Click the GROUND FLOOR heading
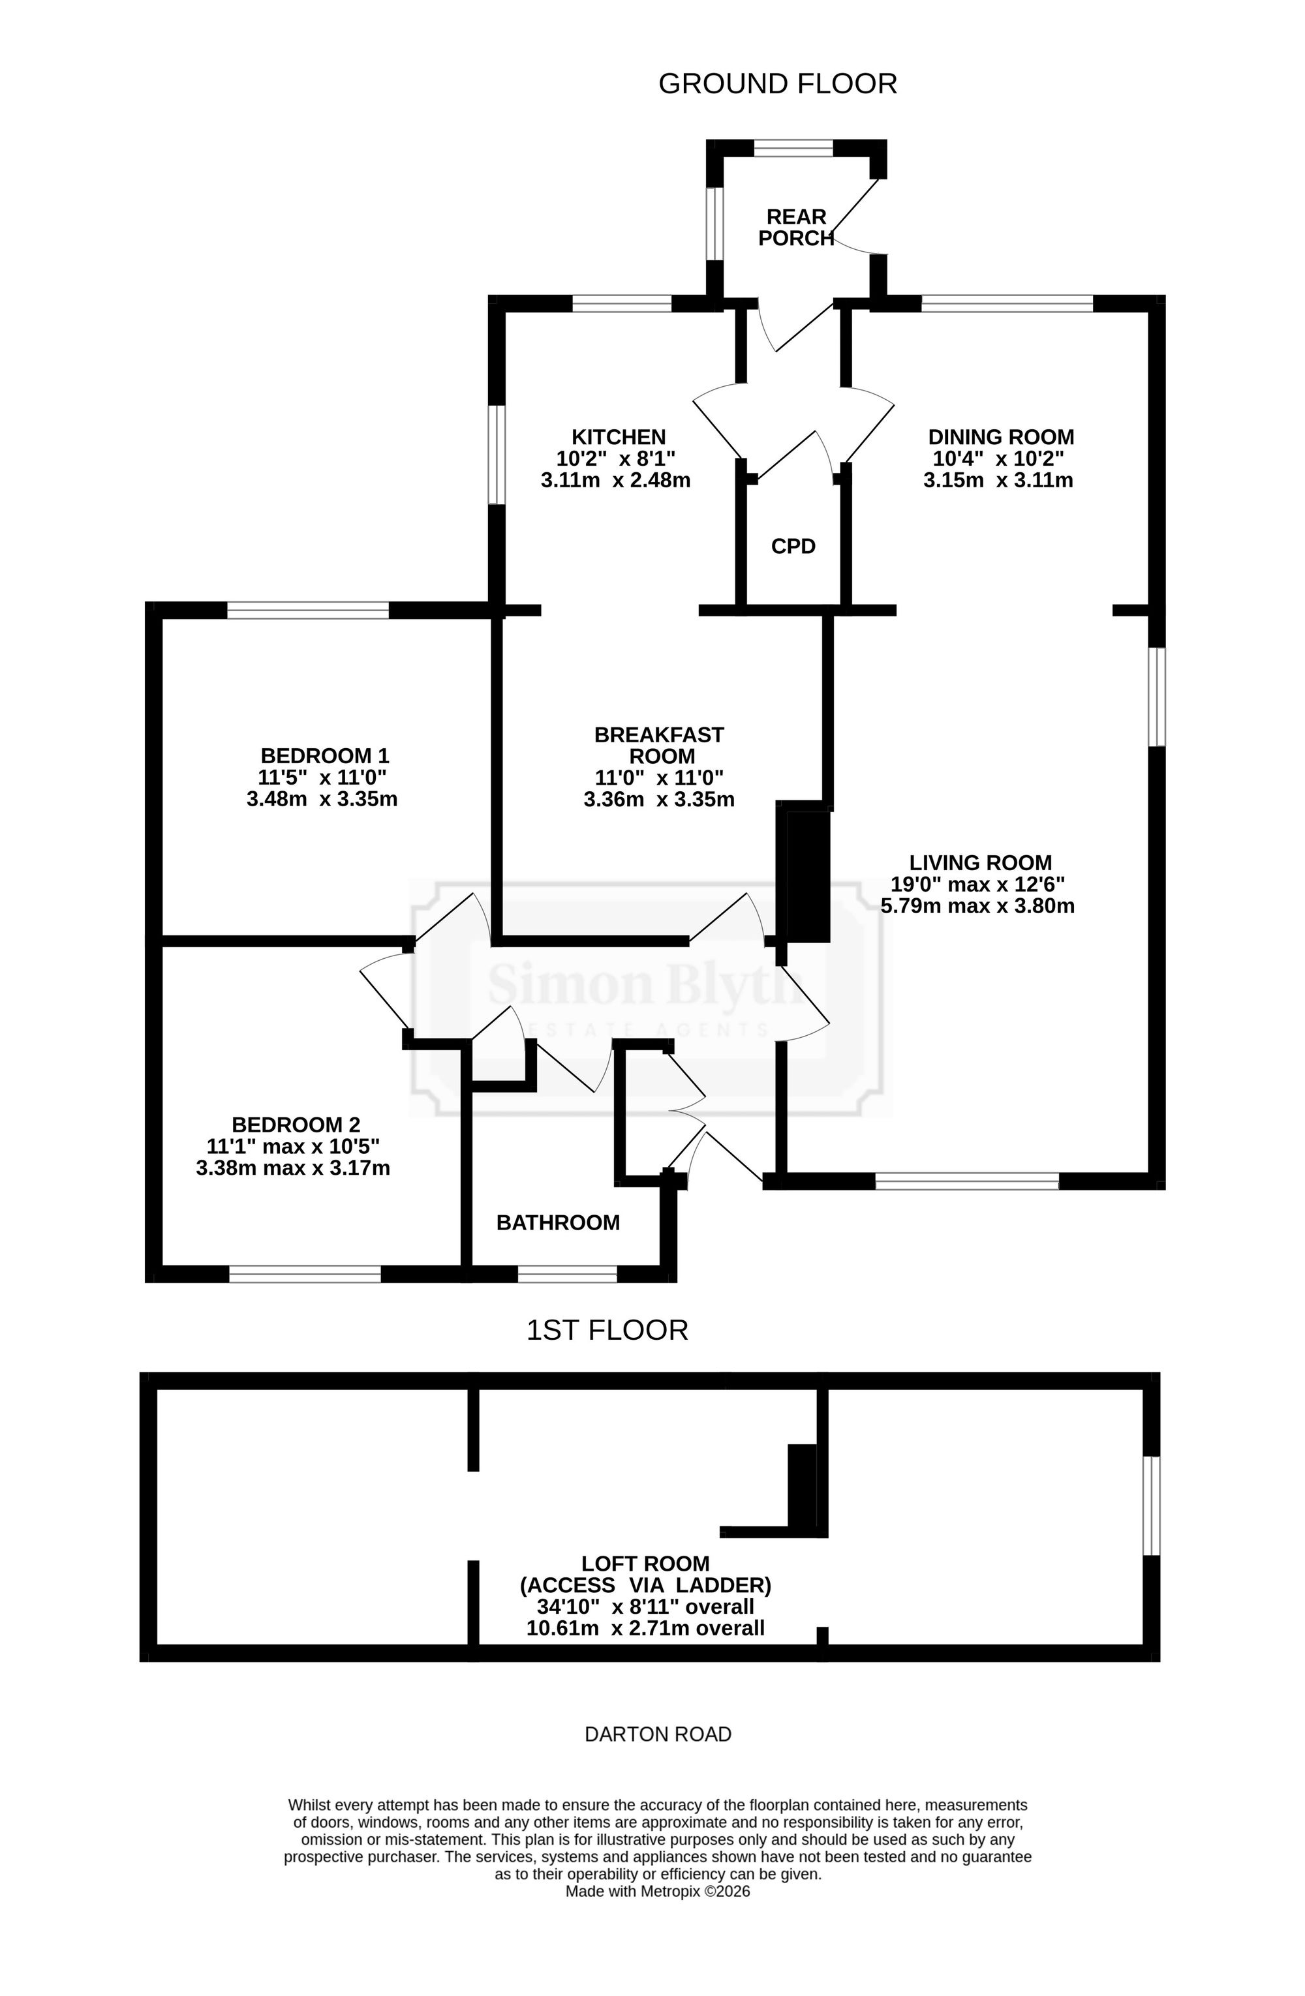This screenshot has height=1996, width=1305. point(778,84)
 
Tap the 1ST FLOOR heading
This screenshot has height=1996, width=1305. point(607,1330)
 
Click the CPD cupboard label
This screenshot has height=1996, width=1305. point(793,546)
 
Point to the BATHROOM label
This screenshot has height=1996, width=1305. point(558,1223)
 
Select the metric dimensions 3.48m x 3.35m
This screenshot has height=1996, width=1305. point(322,799)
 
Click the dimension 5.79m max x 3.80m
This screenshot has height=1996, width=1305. point(978,906)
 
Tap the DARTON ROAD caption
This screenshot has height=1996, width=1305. point(658,1734)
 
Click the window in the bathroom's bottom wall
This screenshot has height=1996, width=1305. point(567,1275)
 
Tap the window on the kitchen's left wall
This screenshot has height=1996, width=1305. point(497,455)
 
